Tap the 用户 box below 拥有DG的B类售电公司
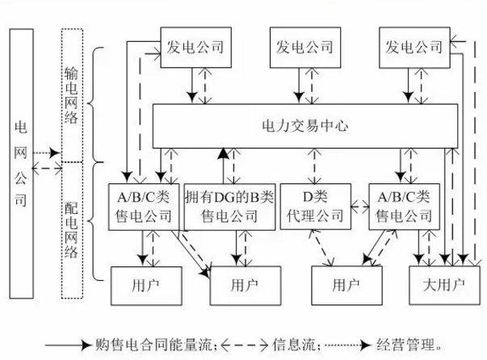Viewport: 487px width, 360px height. tap(243, 284)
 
